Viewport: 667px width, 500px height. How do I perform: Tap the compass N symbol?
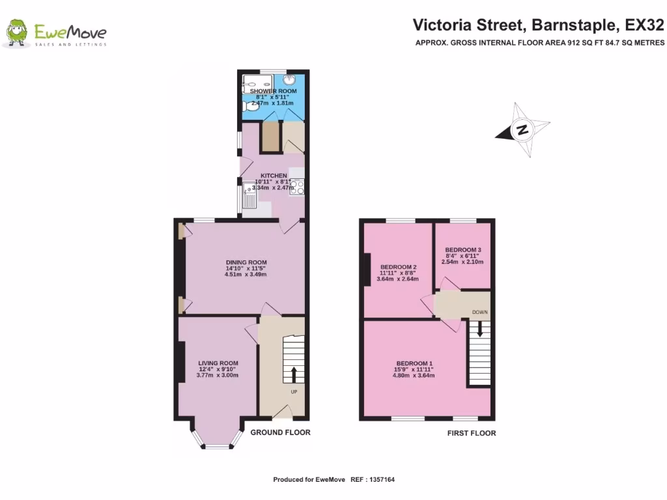522,130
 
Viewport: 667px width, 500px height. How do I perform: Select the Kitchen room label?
274,176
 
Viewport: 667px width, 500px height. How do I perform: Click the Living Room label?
218,363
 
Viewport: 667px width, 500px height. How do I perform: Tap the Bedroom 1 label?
414,363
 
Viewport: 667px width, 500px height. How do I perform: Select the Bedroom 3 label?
463,250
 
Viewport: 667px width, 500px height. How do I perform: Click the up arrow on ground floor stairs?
292,374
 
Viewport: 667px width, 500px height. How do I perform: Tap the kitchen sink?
249,194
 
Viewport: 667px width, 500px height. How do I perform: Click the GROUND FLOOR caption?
280,432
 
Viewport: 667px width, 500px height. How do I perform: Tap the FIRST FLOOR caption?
471,433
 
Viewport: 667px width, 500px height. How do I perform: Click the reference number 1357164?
380,480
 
